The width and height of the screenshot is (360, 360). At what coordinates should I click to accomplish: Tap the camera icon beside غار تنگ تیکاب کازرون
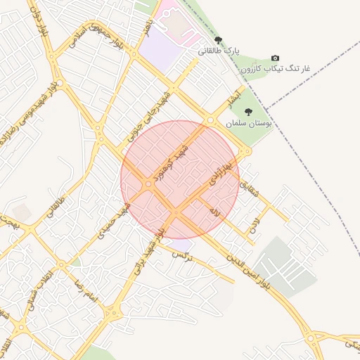(x=274, y=58)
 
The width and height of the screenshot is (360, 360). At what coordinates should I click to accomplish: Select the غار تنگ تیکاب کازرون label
(x=275, y=69)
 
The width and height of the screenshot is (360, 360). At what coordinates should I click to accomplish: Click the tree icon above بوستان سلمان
(x=247, y=111)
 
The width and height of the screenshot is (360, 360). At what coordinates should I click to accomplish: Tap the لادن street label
(x=253, y=225)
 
